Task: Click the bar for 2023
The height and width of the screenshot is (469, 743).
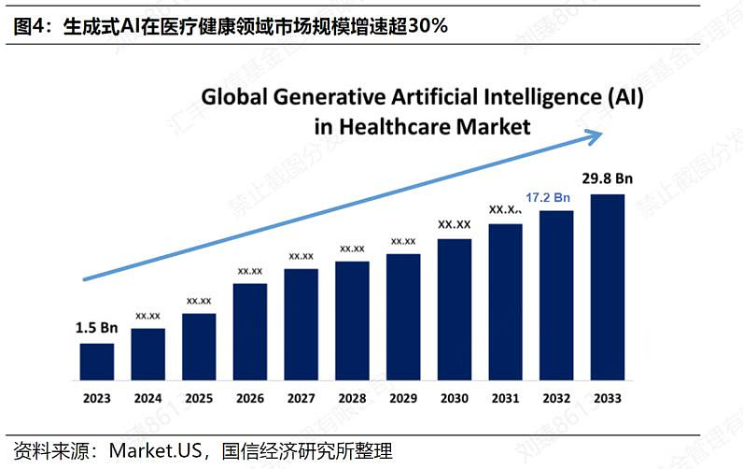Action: pyautogui.click(x=96, y=362)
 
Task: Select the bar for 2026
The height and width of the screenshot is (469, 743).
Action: pyautogui.click(x=250, y=333)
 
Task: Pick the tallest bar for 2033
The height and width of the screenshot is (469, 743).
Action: pyautogui.click(x=608, y=288)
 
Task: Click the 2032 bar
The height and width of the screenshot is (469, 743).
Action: pyautogui.click(x=556, y=296)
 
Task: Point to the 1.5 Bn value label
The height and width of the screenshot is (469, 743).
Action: pyautogui.click(x=96, y=328)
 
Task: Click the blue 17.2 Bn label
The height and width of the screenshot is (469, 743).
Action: pyautogui.click(x=548, y=197)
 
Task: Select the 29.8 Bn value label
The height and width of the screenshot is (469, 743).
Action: pyautogui.click(x=608, y=178)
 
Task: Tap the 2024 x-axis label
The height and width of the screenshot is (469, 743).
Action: pyautogui.click(x=147, y=398)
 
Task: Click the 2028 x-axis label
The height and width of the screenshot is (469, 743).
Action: pyautogui.click(x=352, y=398)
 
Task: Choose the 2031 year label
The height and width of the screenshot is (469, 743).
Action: pyautogui.click(x=505, y=398)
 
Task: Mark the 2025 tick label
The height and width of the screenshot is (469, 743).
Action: pyautogui.click(x=199, y=398)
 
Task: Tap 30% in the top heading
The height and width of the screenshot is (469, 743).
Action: pyautogui.click(x=428, y=26)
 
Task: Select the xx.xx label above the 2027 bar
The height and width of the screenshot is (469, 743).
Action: pyautogui.click(x=301, y=255)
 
